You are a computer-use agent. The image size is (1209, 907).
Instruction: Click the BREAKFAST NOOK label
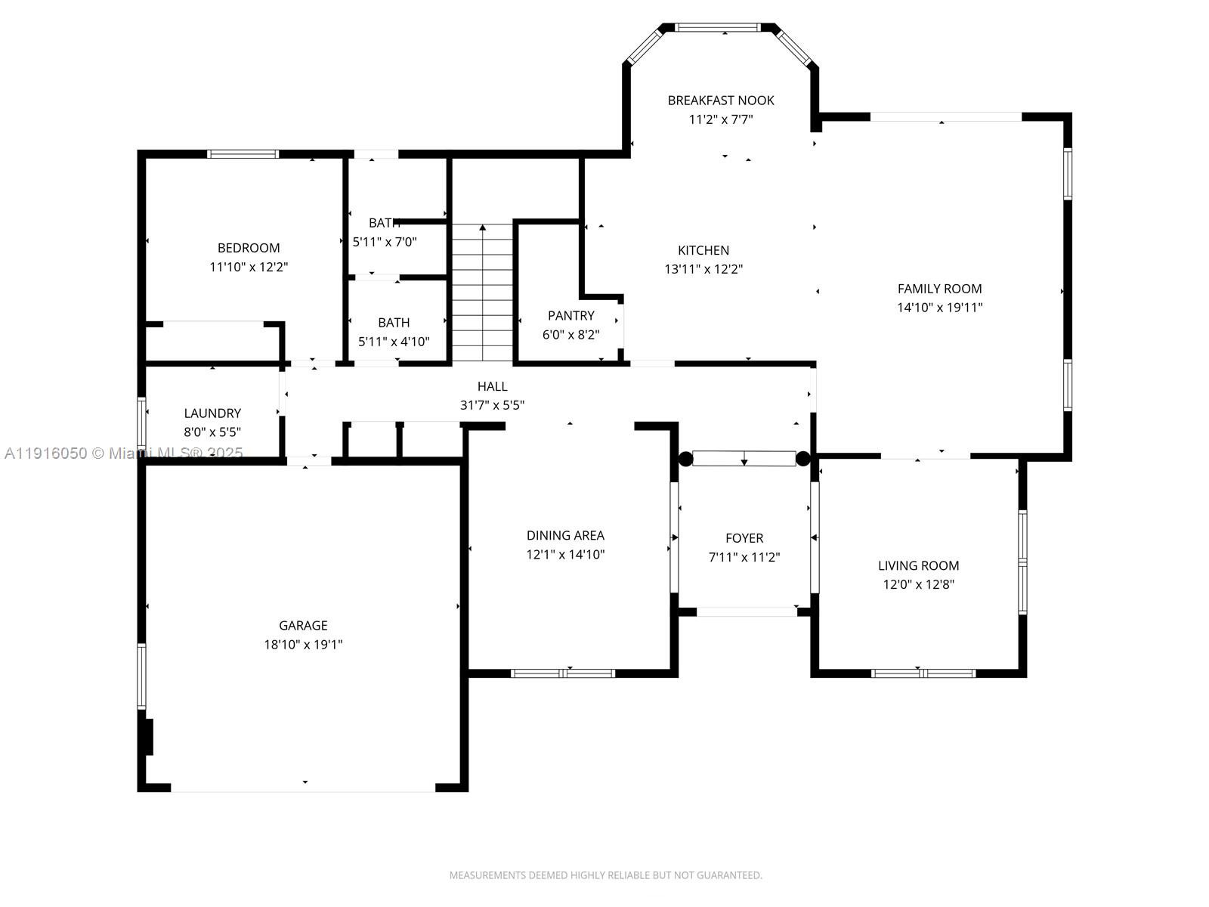[720, 101]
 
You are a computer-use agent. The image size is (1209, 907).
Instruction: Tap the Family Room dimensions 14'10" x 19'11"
[939, 308]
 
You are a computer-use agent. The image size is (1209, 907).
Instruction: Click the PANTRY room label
[570, 316]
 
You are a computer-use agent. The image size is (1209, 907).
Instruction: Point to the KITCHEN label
[703, 250]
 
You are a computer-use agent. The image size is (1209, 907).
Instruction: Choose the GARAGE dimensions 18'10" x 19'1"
[303, 645]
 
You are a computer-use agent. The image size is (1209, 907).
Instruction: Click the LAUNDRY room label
[212, 413]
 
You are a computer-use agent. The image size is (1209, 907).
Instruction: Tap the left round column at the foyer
[685, 459]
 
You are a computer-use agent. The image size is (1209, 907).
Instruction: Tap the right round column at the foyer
[802, 459]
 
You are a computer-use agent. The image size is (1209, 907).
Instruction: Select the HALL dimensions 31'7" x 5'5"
[492, 405]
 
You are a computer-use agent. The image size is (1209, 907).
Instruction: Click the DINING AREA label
[565, 535]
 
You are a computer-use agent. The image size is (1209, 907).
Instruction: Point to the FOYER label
[744, 538]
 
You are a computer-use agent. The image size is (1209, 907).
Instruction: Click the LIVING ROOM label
[918, 565]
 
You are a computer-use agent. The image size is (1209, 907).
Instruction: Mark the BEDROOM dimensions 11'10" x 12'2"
[249, 267]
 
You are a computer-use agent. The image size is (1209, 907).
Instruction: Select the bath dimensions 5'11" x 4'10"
[394, 342]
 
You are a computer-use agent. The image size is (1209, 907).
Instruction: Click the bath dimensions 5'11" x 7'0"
[385, 242]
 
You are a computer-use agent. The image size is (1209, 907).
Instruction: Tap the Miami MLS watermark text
[124, 453]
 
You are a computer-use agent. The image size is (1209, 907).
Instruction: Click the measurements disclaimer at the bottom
[605, 875]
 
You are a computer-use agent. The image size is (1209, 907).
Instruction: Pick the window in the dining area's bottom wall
[563, 673]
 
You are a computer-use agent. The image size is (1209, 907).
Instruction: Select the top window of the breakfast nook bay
[717, 28]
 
